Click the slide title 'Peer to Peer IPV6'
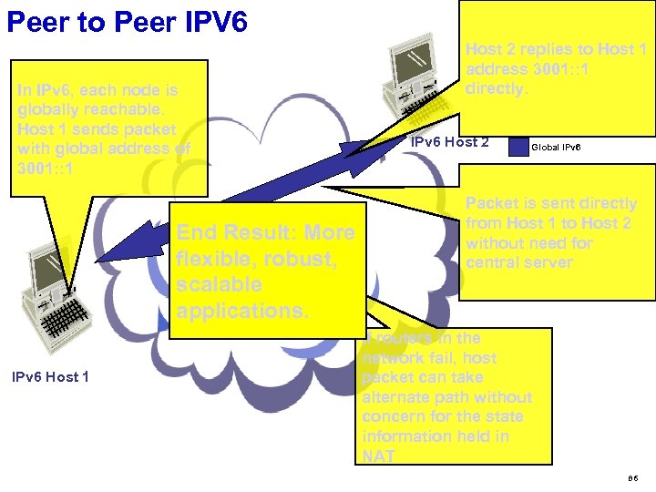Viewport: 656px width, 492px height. point(127,22)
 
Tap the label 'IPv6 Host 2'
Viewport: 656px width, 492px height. point(450,142)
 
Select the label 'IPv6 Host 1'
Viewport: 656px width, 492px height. point(51,376)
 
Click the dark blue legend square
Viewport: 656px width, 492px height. point(518,146)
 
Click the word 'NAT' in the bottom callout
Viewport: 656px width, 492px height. point(378,456)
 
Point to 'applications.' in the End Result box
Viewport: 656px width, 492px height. point(243,311)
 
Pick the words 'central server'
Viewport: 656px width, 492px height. point(518,262)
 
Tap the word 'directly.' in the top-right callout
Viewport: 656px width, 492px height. point(497,89)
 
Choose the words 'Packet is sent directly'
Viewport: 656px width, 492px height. point(551,203)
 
